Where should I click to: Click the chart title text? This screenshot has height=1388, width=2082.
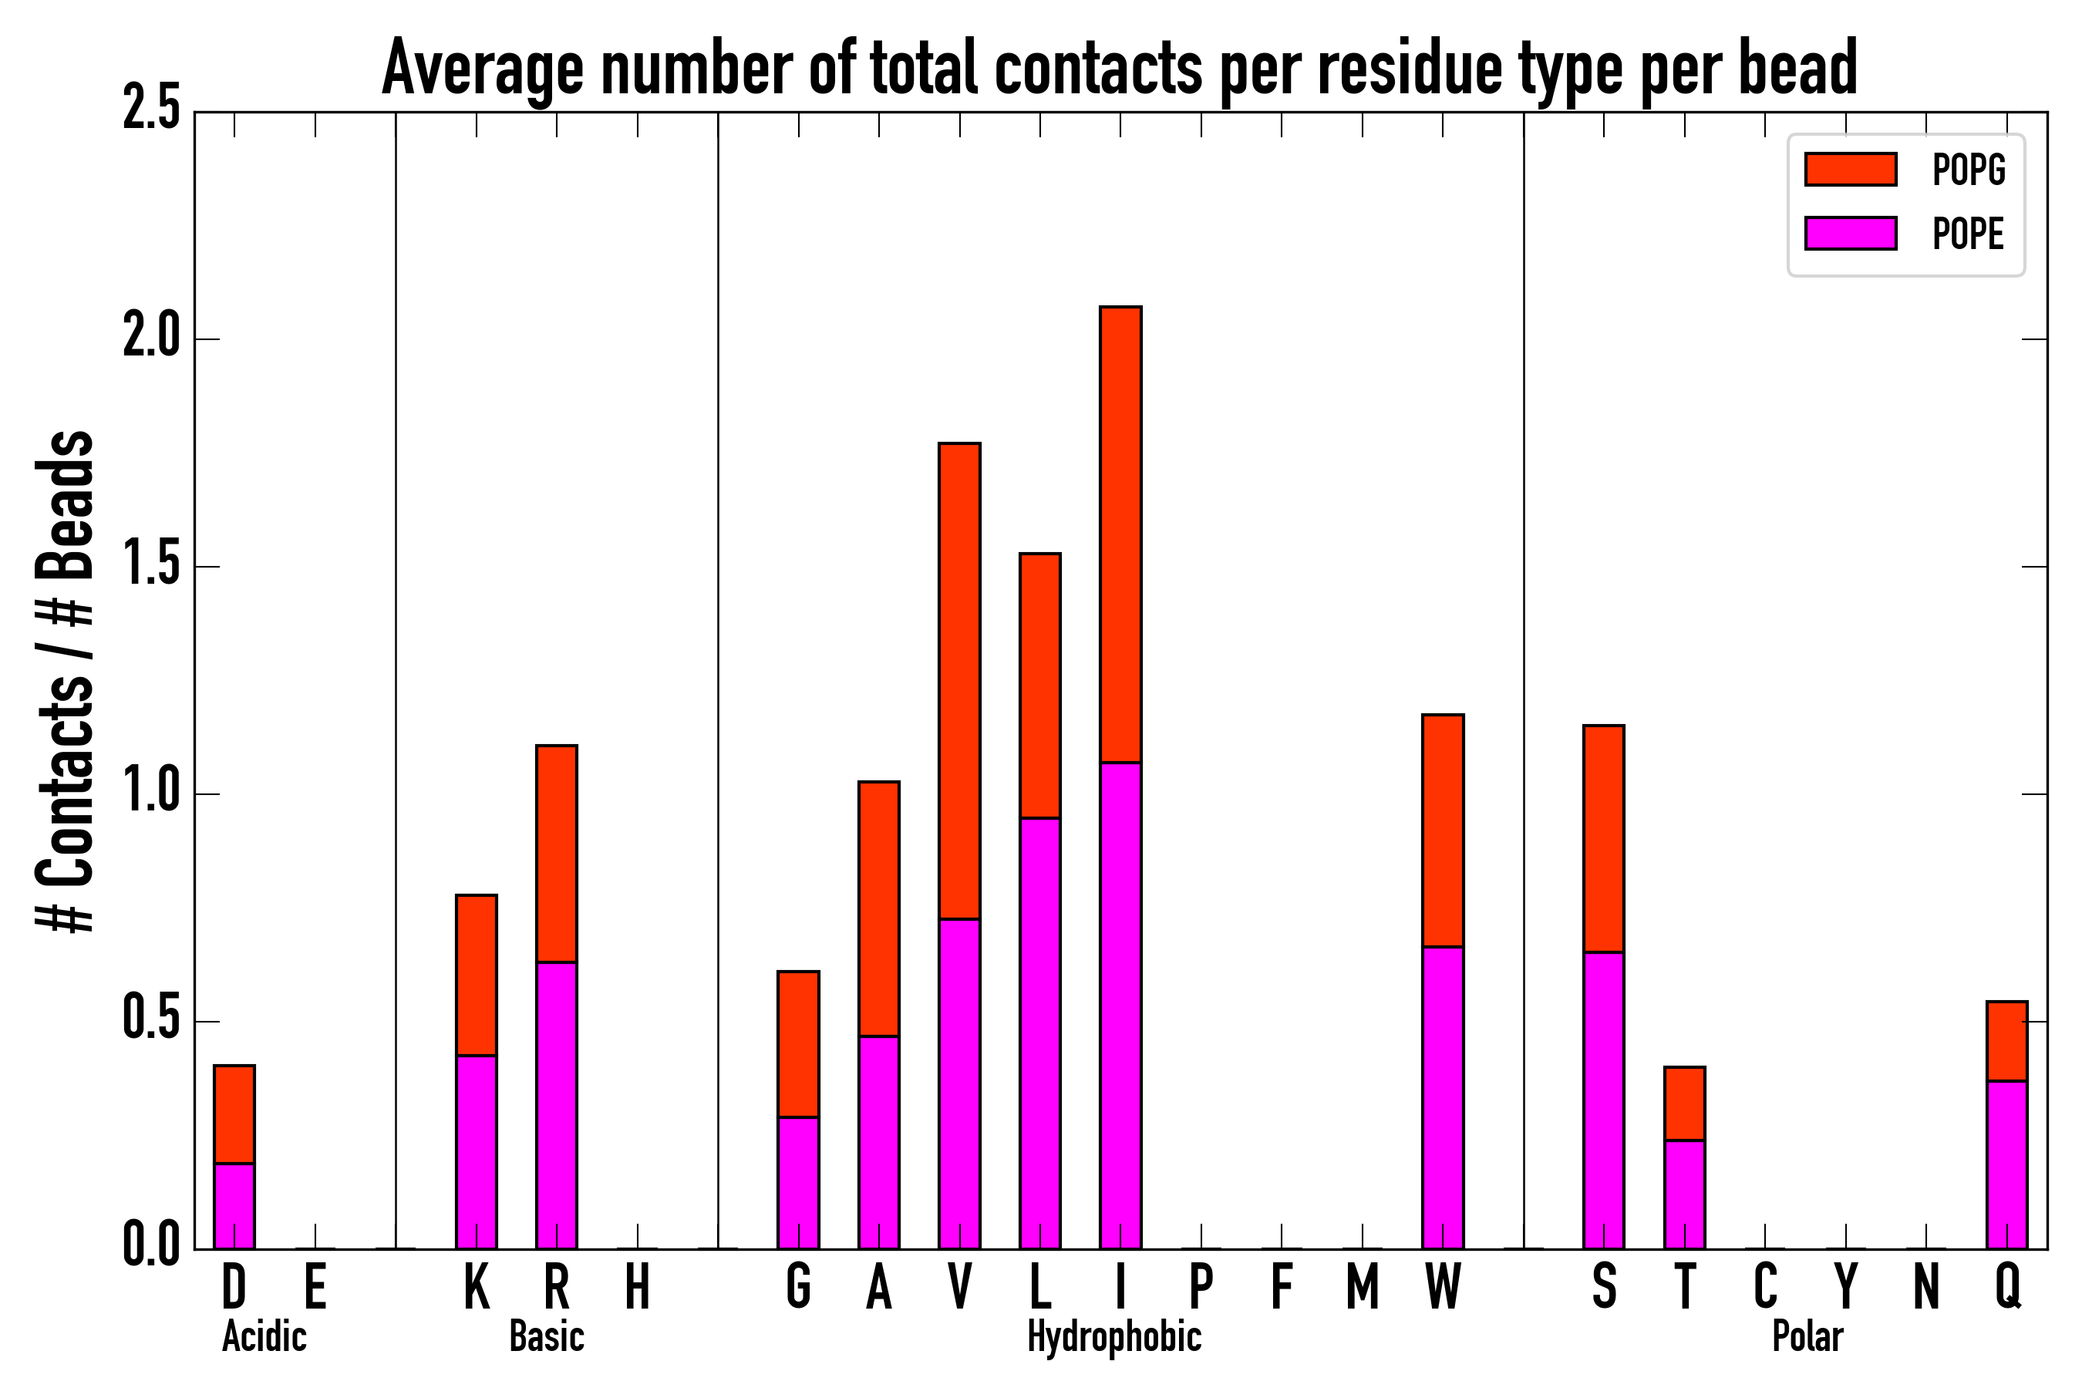point(1119,69)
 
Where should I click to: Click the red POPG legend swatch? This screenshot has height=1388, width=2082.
point(1850,169)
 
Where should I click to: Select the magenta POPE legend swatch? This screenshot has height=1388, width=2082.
point(1850,234)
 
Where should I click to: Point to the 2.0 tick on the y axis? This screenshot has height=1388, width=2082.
point(152,339)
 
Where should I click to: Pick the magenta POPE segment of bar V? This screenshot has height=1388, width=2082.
point(959,1083)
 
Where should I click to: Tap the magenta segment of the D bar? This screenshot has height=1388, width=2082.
point(234,1206)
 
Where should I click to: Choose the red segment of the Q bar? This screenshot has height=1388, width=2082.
point(2006,1041)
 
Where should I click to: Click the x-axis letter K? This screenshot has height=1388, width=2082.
point(477,1287)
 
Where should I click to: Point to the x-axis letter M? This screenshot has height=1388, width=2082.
point(1363,1287)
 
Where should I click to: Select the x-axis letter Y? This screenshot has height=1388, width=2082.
point(1845,1287)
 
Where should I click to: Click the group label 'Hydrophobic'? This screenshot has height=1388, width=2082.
point(1113,1336)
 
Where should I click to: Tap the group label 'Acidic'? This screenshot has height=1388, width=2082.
point(264,1336)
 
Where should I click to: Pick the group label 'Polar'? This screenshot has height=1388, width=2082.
point(1807,1336)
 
